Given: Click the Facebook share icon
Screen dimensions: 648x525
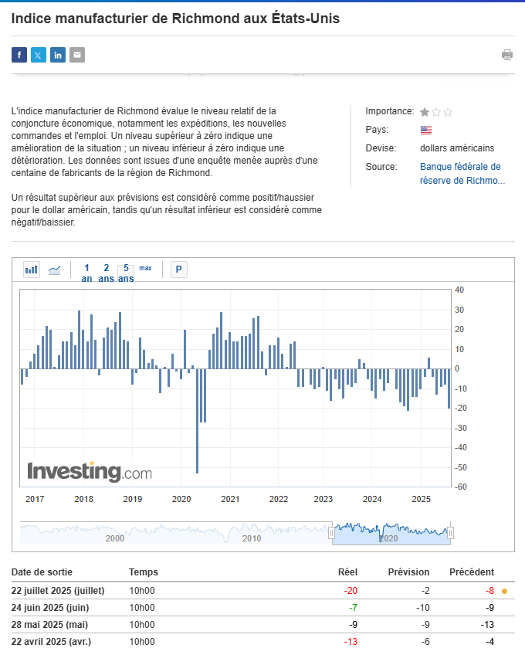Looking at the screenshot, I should click(x=19, y=55).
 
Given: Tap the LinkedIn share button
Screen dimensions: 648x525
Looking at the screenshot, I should click(x=58, y=55).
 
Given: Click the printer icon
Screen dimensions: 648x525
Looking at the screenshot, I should click(x=507, y=55).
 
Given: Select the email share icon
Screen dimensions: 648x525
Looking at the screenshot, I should click(x=77, y=55).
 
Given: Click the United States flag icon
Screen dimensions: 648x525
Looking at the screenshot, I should click(x=426, y=130).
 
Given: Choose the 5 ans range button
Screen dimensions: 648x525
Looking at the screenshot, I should click(x=126, y=273).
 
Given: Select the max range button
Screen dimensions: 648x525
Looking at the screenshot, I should click(x=145, y=269).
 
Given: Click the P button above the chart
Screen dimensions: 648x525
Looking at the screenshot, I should click(x=179, y=270).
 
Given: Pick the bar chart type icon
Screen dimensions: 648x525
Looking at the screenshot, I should click(x=32, y=270).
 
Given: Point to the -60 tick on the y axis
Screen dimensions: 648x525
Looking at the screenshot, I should click(x=459, y=487).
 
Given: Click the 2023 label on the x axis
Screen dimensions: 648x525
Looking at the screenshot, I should click(x=323, y=499).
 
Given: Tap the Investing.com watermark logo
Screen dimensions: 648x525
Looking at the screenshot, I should click(x=90, y=470).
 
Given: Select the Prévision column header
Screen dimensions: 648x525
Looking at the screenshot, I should click(x=409, y=572).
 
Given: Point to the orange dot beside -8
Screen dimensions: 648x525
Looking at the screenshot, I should click(x=504, y=591).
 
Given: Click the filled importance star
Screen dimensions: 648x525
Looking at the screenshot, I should click(x=425, y=112).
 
